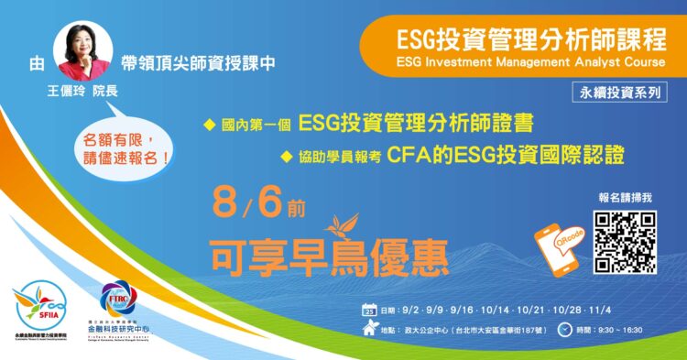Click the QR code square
[x=625, y=242]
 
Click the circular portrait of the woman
[x=83, y=51]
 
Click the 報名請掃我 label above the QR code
[x=623, y=198]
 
